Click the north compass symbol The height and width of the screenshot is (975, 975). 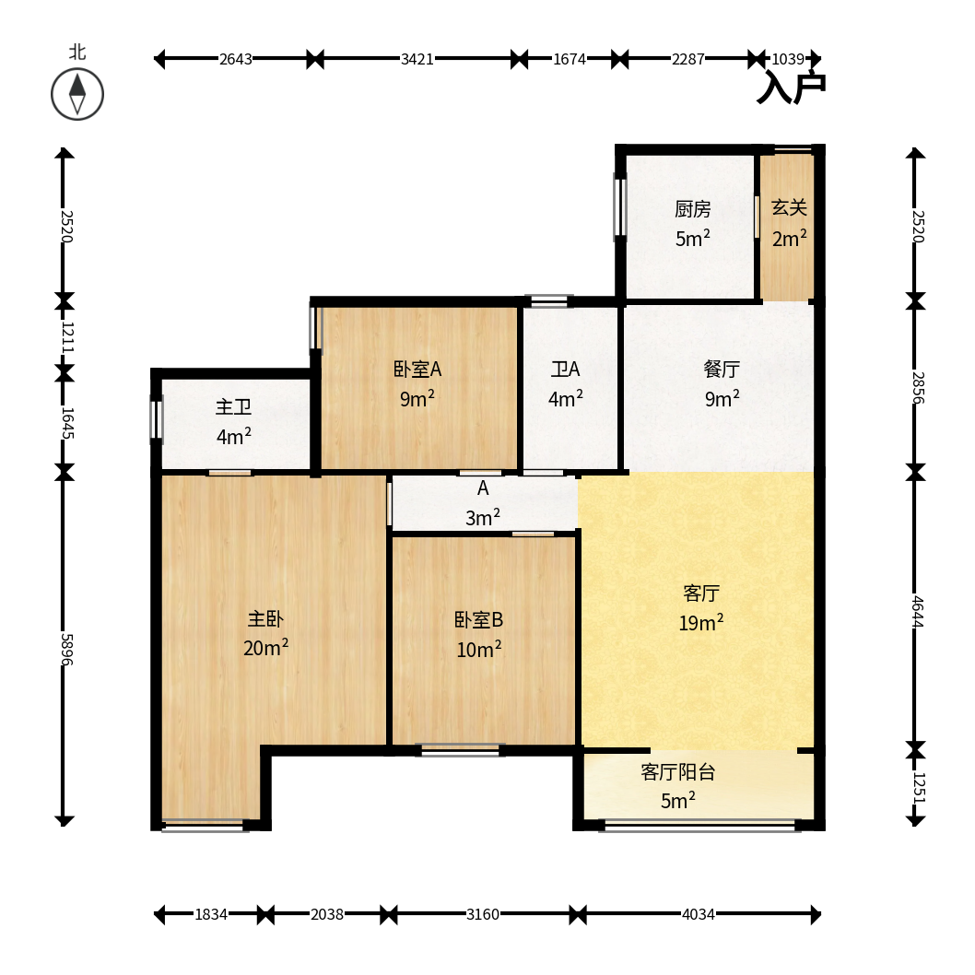[x=77, y=95]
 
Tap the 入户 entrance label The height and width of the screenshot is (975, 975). [x=791, y=88]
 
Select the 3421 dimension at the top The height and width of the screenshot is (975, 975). [x=417, y=59]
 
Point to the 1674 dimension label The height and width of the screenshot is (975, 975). [x=570, y=59]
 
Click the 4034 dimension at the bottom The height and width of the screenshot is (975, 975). [x=699, y=914]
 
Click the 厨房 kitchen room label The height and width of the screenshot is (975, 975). [x=693, y=209]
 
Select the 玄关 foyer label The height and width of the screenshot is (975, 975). [x=789, y=207]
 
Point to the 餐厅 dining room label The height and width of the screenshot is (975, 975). [x=722, y=369]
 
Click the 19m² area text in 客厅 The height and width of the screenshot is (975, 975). [x=701, y=622]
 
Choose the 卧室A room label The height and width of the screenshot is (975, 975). [x=417, y=370]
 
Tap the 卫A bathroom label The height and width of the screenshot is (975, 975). [x=565, y=370]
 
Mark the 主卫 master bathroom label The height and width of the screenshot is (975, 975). [x=233, y=407]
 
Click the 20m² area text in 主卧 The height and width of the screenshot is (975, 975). [x=265, y=648]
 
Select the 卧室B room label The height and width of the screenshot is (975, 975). [x=479, y=619]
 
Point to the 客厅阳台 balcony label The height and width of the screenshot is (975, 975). [x=677, y=771]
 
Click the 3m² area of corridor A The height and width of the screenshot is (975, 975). [x=483, y=517]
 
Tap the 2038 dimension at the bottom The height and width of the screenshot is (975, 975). [x=327, y=914]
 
